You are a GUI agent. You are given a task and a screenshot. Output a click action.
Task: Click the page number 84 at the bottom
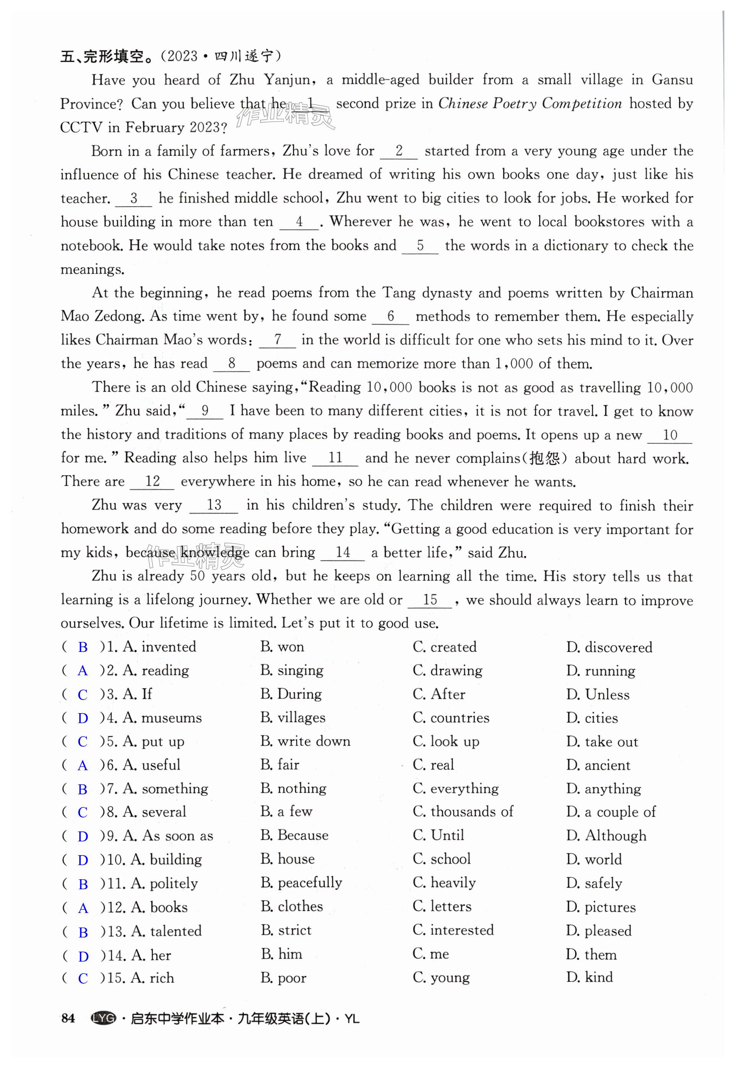[x=68, y=1018]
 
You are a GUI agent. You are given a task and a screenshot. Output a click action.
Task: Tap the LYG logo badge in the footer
[x=104, y=1018]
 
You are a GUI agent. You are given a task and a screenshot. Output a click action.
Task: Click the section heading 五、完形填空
[x=106, y=57]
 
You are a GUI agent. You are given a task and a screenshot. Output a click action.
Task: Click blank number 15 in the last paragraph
[x=430, y=600]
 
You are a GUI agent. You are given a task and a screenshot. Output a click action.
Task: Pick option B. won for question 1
[x=282, y=647]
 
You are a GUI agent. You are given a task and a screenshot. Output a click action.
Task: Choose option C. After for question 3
[x=439, y=694]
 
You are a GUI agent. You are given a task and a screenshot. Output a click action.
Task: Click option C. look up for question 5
[x=446, y=741]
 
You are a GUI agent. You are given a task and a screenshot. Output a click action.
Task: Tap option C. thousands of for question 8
[x=463, y=812]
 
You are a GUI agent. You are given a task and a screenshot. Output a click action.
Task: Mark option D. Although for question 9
[x=606, y=836]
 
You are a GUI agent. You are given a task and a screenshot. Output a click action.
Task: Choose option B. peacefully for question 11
[x=301, y=883]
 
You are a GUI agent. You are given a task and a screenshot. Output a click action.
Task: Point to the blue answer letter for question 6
[x=83, y=766]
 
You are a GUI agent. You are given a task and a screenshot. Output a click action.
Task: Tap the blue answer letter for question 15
[x=83, y=978]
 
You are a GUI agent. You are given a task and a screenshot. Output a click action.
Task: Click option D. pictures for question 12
[x=601, y=907]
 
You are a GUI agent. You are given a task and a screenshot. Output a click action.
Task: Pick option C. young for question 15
[x=441, y=978]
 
